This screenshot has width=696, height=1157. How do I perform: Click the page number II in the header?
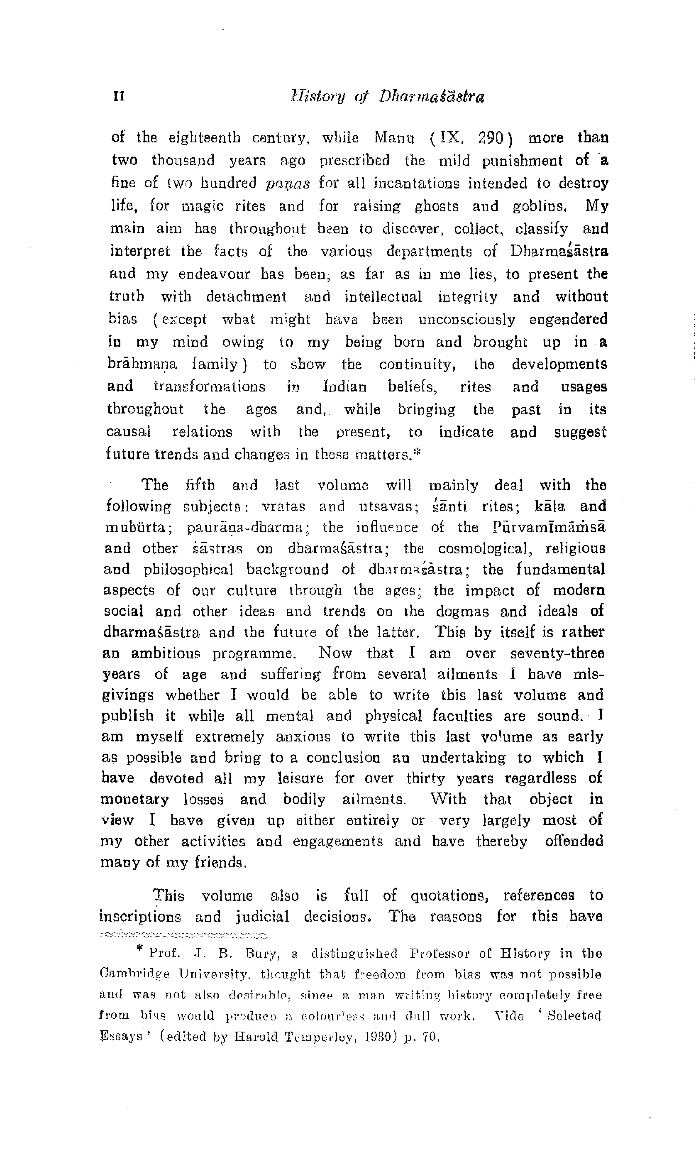[119, 97]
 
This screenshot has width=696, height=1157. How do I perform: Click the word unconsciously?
[466, 319]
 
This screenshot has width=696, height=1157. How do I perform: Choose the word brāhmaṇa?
[143, 364]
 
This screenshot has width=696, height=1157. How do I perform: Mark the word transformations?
[209, 387]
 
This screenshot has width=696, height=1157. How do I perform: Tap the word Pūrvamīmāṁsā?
[549, 527]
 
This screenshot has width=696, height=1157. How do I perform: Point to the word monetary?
[135, 800]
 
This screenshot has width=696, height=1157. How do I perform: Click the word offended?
[574, 841]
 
